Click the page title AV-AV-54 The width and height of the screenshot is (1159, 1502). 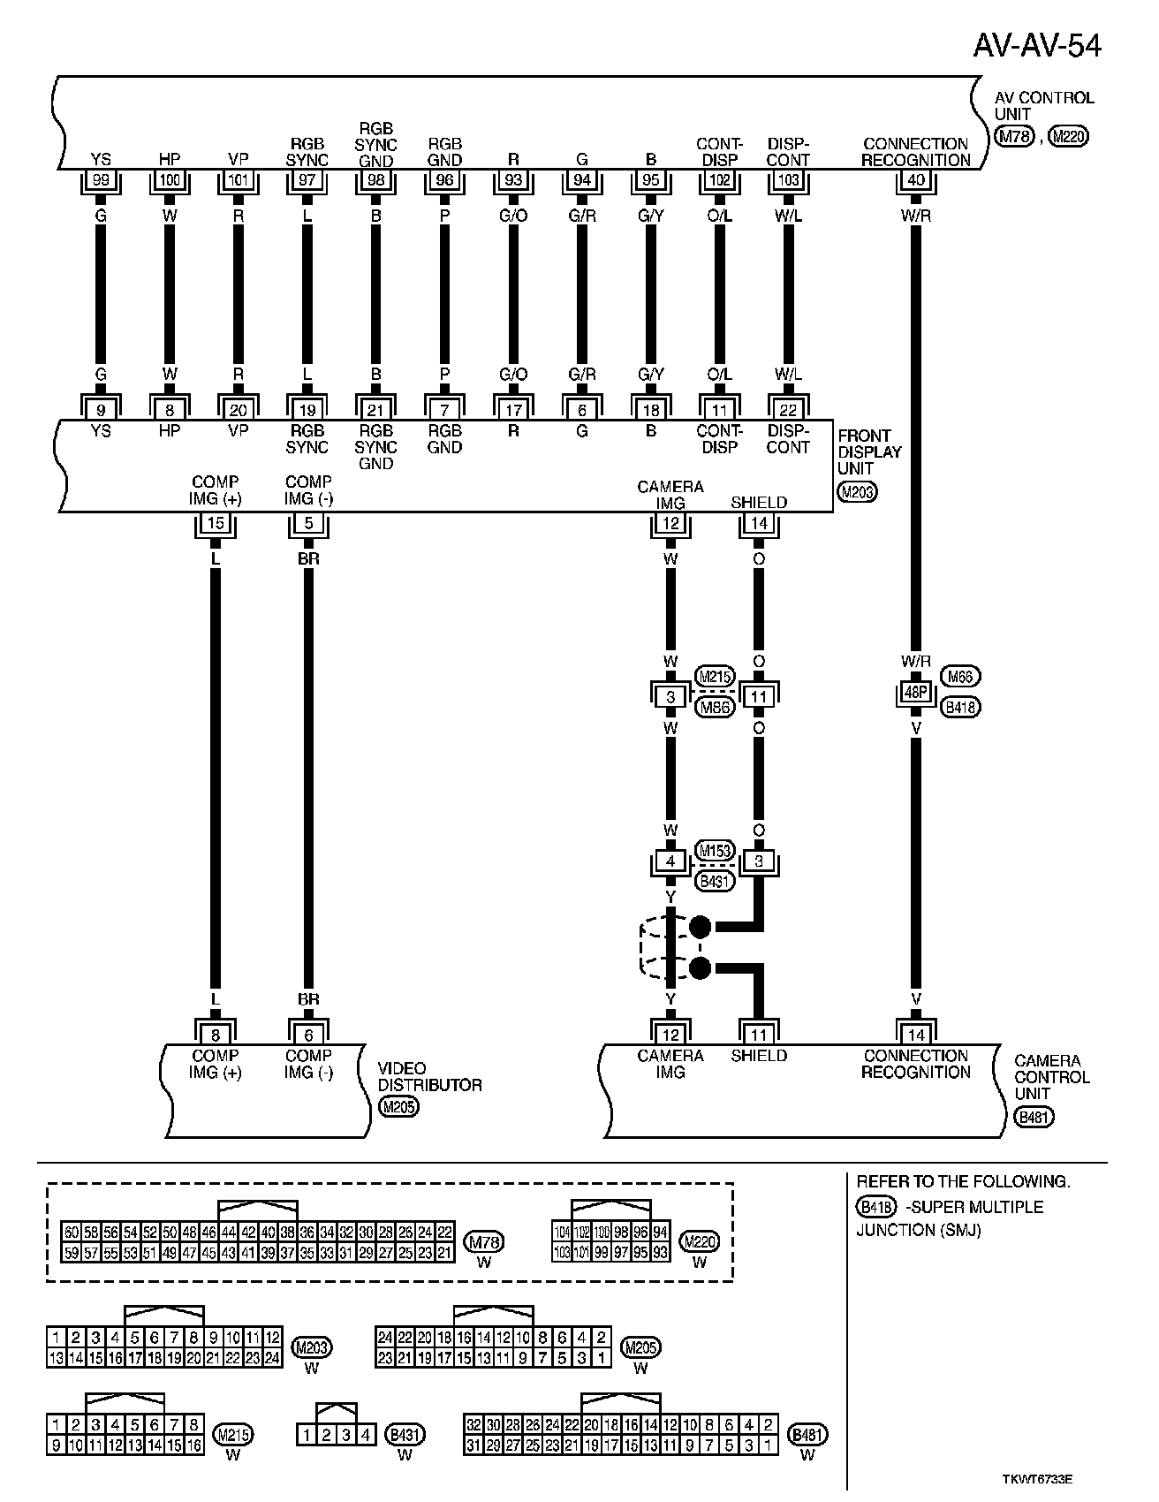(1037, 45)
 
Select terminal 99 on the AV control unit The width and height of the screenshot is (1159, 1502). (101, 181)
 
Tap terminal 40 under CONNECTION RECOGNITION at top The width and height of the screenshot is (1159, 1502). (916, 181)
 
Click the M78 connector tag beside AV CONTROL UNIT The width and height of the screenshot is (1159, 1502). (1014, 137)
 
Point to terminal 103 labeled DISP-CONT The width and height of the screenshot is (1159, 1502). (788, 181)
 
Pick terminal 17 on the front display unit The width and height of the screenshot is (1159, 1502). (513, 409)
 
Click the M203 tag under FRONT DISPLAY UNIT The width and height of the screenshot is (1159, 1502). (856, 492)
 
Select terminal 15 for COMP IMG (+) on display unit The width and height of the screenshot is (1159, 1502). (216, 523)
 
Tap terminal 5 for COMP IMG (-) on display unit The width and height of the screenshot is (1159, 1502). (308, 523)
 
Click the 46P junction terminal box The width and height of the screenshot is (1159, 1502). (916, 694)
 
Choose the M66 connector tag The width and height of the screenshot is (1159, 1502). (960, 677)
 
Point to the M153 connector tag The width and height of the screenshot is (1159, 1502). (715, 851)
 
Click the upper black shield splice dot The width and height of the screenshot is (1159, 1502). (700, 927)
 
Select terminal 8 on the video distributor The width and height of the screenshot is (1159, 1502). (216, 1034)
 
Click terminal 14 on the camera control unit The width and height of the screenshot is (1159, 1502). (916, 1034)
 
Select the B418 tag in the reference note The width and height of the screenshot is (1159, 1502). (875, 1207)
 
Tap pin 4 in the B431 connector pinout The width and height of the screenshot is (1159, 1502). (366, 1436)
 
